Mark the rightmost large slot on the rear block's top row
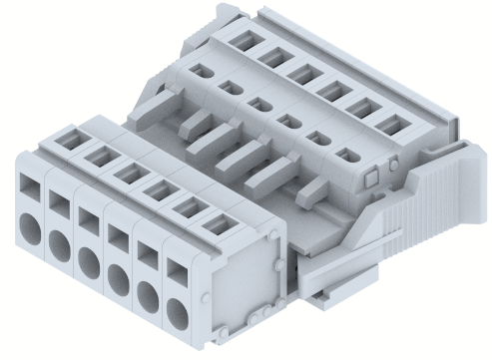click(x=388, y=125)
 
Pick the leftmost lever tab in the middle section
click(x=155, y=100)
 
